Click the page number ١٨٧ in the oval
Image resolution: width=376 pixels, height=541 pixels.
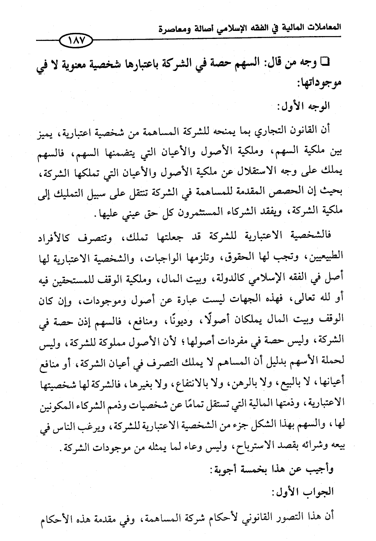tap(75, 41)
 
